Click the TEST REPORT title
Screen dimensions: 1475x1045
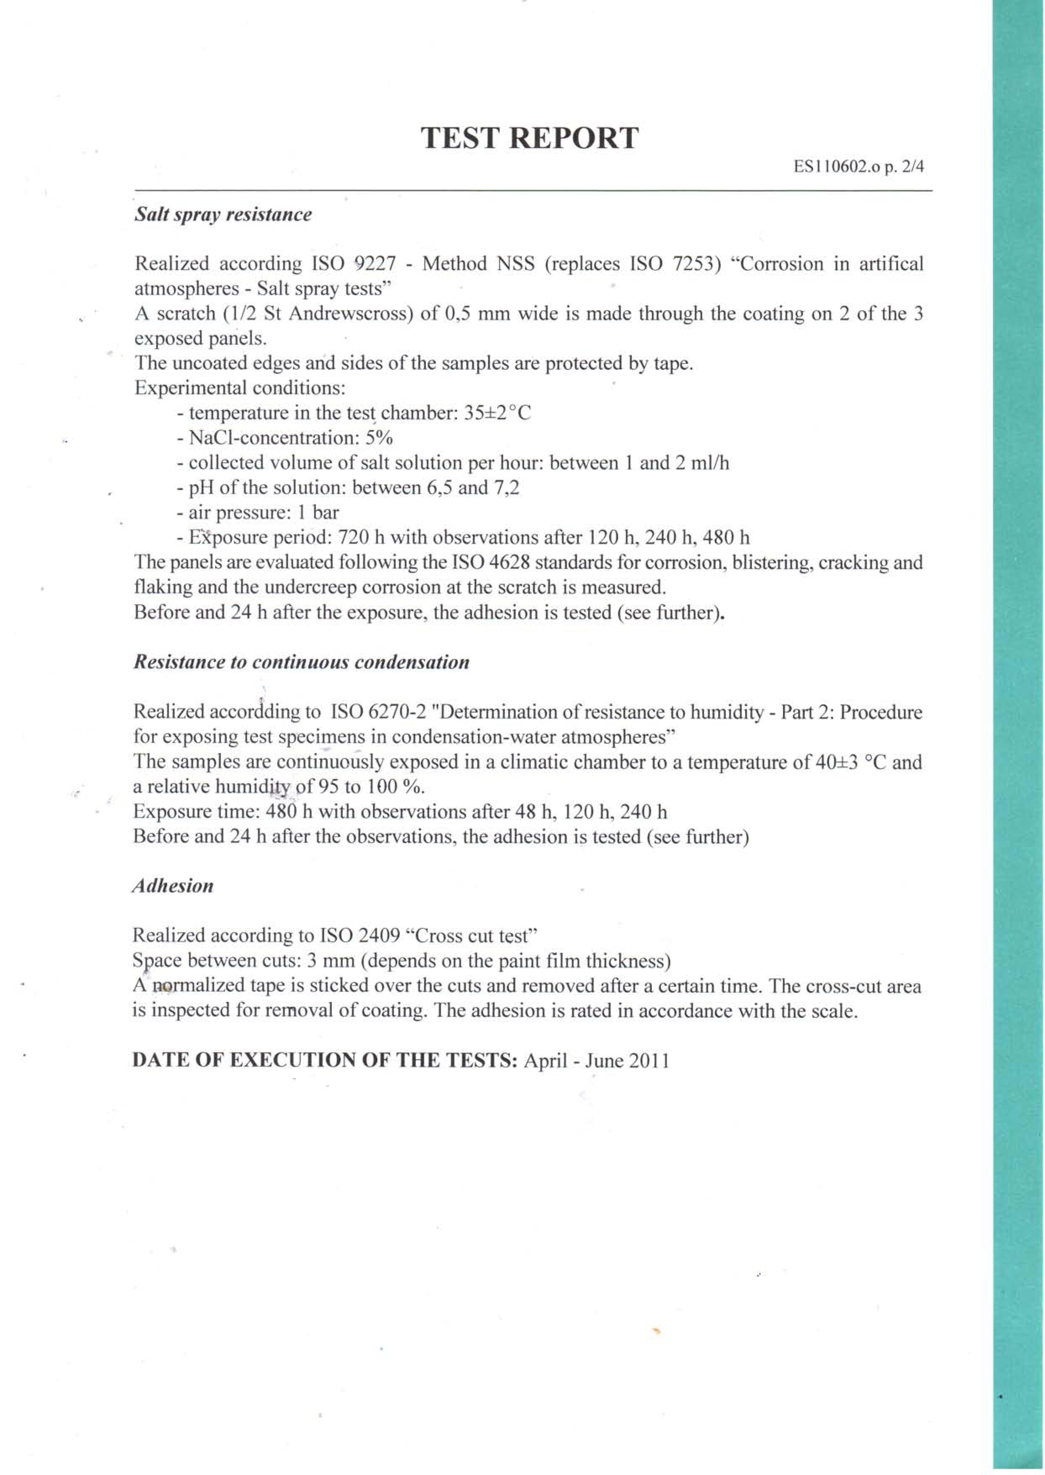(x=530, y=139)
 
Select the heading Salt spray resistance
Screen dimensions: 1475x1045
(x=223, y=215)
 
